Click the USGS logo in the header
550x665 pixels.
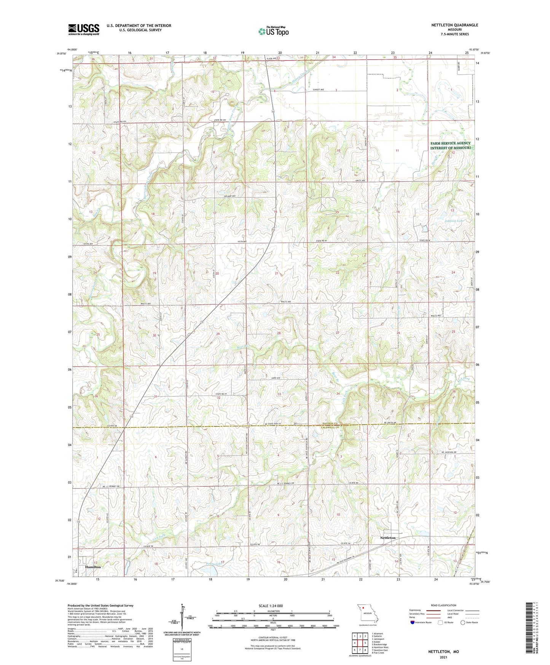84,29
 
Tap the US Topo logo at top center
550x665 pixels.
273,31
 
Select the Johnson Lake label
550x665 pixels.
454,221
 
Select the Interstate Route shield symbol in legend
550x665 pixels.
413,622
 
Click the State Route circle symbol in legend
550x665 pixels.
463,622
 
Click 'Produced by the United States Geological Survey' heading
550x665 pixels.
100,606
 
